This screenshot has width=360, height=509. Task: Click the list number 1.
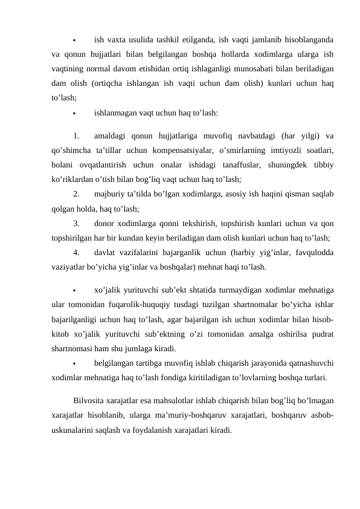click(x=76, y=135)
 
